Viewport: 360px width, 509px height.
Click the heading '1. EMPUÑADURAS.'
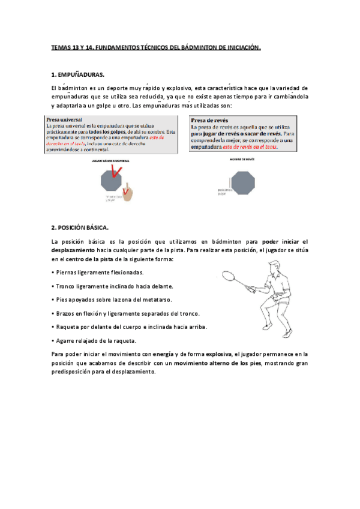pyautogui.click(x=78, y=75)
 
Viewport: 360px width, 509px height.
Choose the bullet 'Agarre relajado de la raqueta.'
pyautogui.click(x=94, y=340)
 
